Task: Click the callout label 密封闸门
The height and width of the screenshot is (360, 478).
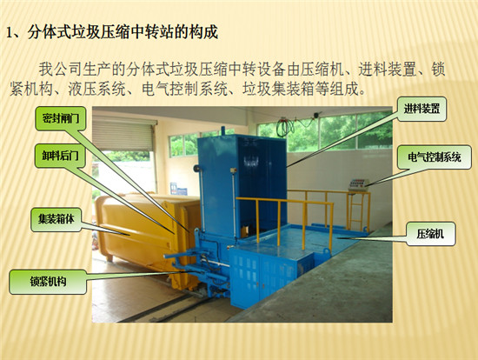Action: [x=60, y=118]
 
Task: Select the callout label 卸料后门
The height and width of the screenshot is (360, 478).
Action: [x=60, y=156]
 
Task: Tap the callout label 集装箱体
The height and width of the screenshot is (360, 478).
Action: [x=56, y=219]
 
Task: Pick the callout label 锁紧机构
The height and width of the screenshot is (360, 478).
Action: [x=48, y=282]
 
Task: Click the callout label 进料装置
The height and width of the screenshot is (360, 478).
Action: [x=422, y=109]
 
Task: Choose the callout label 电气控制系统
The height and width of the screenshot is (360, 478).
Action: [x=435, y=157]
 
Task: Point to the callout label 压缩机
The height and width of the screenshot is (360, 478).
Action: [x=430, y=234]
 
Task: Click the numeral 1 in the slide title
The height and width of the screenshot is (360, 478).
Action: [x=10, y=33]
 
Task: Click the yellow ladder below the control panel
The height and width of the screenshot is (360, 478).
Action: [x=355, y=211]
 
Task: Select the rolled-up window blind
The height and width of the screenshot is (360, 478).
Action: [x=123, y=134]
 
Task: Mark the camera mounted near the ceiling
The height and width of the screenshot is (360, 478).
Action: [x=316, y=115]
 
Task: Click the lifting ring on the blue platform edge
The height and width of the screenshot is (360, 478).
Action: [x=327, y=253]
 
